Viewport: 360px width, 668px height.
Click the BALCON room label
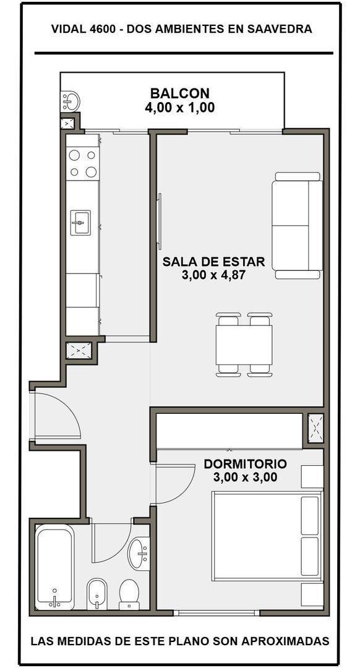point(179,93)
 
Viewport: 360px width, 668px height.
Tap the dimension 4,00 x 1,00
point(179,107)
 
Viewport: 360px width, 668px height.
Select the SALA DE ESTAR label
point(213,262)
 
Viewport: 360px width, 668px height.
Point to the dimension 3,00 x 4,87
point(213,275)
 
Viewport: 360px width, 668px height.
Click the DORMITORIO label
point(245,464)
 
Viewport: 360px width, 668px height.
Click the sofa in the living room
point(297,225)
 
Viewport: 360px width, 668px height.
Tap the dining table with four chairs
point(244,345)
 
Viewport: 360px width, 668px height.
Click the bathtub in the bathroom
point(54,567)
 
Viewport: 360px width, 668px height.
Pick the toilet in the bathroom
point(129,593)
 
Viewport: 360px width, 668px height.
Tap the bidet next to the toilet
point(96,593)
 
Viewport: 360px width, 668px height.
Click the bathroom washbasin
point(139,553)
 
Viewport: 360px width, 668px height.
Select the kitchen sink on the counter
point(80,222)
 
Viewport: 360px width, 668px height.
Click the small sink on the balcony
point(69,100)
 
